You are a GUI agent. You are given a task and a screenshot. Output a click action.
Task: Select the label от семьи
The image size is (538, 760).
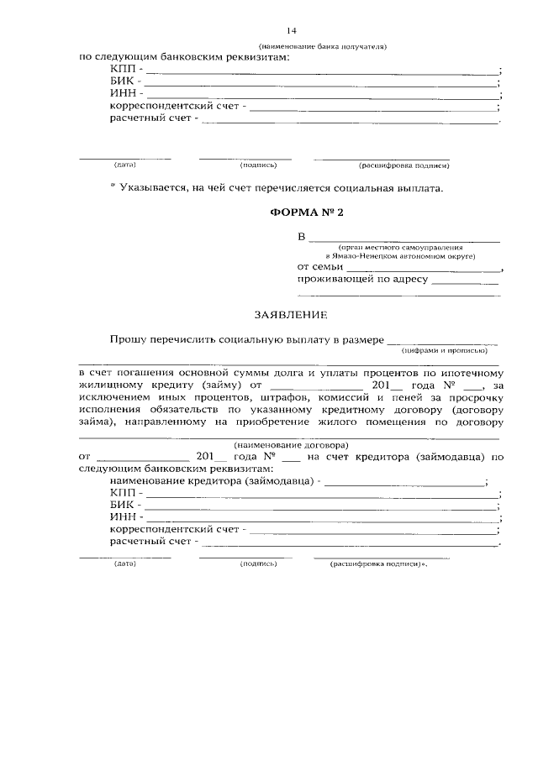(316, 267)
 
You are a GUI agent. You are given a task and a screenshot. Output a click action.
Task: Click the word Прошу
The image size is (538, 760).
(126, 339)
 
